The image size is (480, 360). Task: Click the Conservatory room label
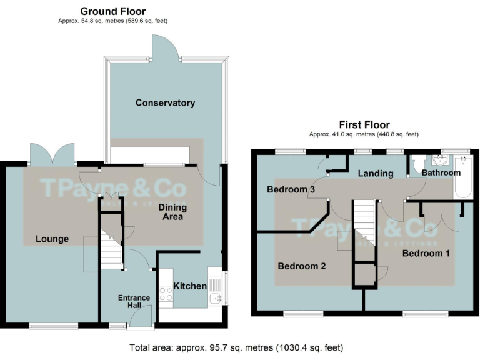[165, 102]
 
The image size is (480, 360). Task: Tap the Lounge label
[52, 239]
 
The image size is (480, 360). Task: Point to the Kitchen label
[189, 286]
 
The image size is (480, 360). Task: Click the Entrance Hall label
[134, 302]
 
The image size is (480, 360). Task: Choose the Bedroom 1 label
[426, 253]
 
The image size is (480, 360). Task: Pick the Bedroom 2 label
[302, 266]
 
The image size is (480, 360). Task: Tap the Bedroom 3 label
[291, 189]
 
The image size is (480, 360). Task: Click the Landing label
[376, 173]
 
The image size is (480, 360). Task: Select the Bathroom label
[441, 172]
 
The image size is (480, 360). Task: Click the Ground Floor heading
[113, 11]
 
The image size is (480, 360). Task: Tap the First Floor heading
[364, 124]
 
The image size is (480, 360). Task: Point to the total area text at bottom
[236, 347]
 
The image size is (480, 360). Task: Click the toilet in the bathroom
[417, 164]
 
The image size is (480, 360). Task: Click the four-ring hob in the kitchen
[166, 294]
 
